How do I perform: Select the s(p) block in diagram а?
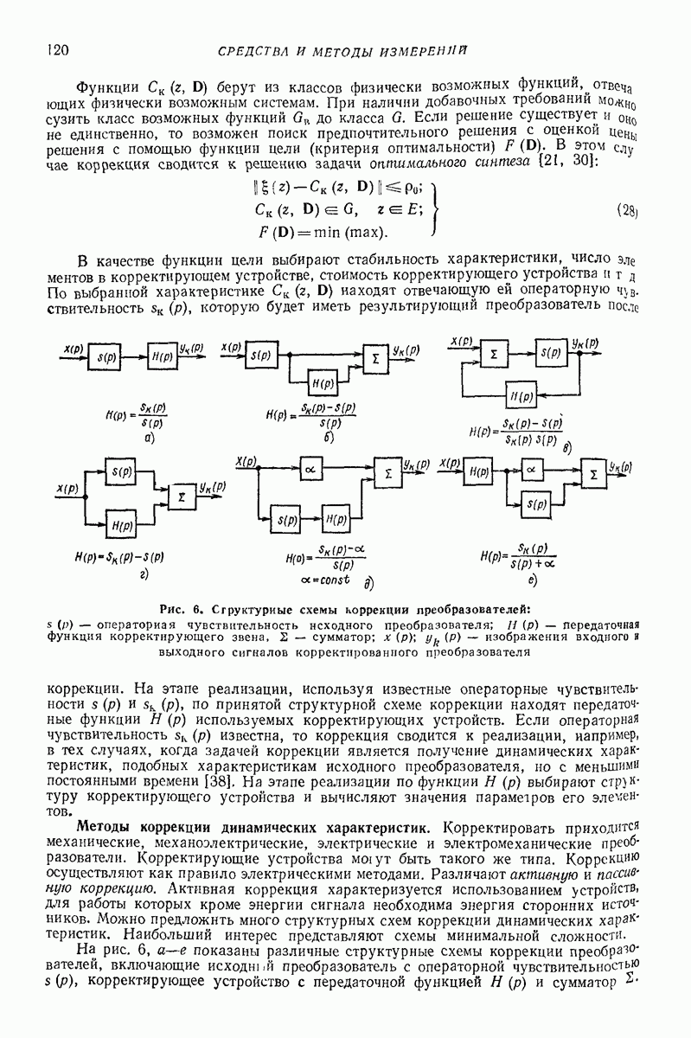click(x=109, y=356)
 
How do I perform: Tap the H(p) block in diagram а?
click(x=161, y=356)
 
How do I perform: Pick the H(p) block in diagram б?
click(x=323, y=381)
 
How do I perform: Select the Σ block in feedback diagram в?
click(x=494, y=355)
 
